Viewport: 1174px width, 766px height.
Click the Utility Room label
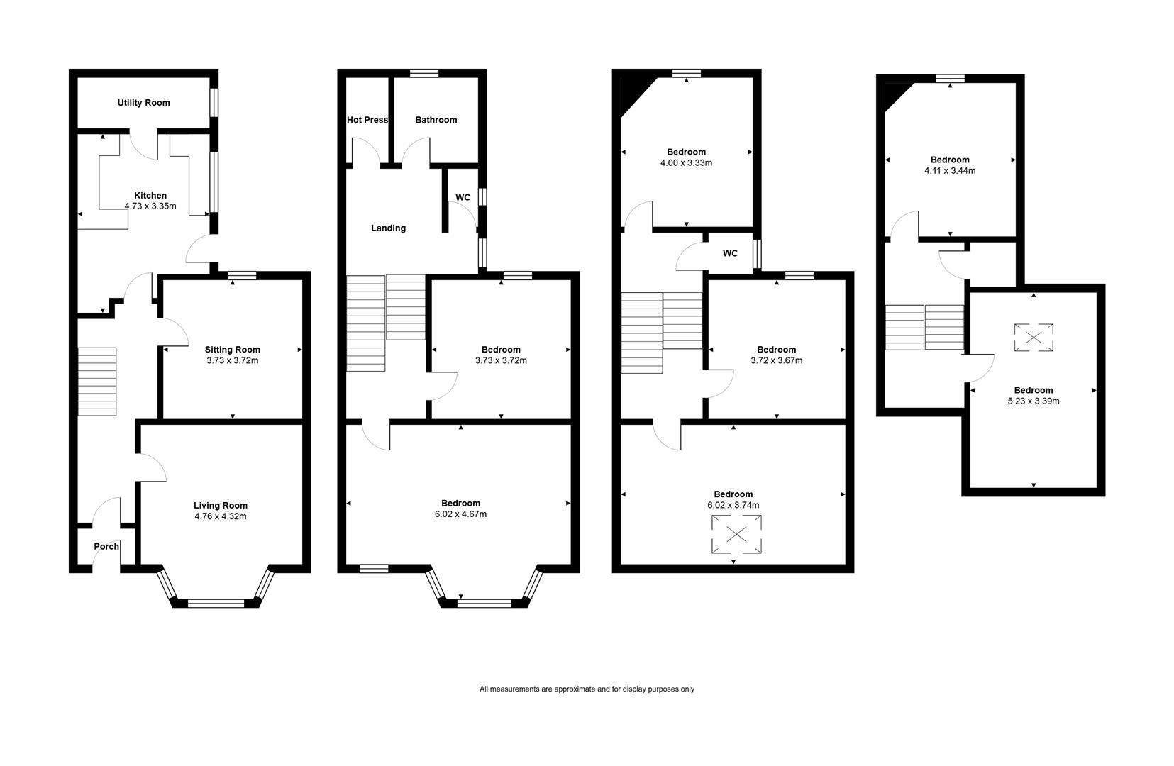(143, 103)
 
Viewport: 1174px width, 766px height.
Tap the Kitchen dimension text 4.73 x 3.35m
(150, 206)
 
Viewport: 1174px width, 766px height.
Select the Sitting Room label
(232, 350)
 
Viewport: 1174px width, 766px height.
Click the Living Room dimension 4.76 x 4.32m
(221, 516)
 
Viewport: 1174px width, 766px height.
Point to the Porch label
(106, 546)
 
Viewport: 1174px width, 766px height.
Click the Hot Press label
(367, 120)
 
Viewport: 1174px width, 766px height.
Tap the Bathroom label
(436, 120)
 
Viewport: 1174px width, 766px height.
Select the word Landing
(388, 228)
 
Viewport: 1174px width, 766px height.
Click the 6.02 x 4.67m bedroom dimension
(460, 514)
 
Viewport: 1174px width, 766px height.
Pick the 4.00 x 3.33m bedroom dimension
(686, 163)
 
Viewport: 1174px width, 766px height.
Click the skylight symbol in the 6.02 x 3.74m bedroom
(736, 534)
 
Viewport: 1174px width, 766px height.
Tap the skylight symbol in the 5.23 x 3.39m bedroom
(1034, 338)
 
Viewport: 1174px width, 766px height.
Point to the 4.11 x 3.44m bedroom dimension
(950, 171)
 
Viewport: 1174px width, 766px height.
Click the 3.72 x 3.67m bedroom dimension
(776, 360)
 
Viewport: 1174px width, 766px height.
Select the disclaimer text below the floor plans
(587, 689)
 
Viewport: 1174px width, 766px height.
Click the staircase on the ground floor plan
(97, 382)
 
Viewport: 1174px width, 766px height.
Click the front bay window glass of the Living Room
(216, 604)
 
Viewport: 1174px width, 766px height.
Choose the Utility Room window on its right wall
(214, 103)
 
